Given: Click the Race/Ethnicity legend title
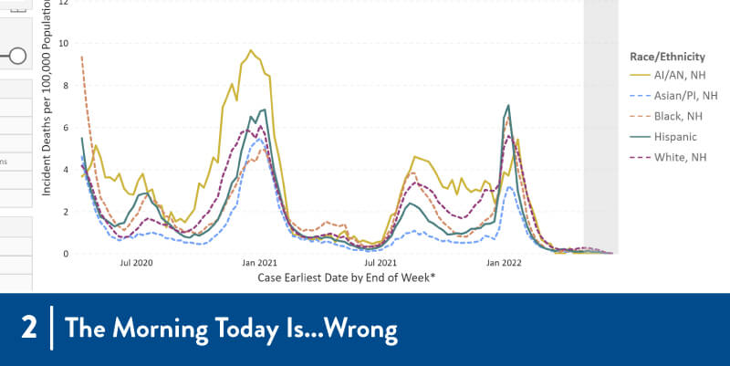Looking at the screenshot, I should (666, 57).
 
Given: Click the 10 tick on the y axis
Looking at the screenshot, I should (62, 43).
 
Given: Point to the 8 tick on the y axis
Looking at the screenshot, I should (65, 85).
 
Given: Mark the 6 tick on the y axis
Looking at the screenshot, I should (65, 127).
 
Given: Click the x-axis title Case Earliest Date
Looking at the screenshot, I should (346, 277).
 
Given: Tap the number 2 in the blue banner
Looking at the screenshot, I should (29, 328).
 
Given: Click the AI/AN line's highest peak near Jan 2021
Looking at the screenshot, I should (251, 50).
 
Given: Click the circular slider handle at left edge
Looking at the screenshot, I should (17, 57).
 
